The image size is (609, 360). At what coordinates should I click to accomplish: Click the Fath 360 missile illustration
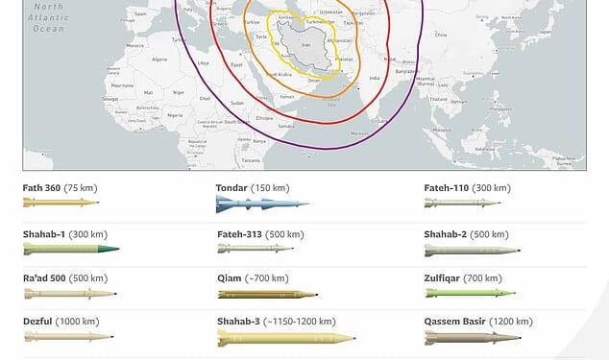60,203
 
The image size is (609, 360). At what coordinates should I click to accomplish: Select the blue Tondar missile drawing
262,204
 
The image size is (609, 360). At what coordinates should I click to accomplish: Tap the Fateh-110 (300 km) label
467,188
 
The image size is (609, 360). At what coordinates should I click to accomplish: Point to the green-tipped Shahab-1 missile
71,249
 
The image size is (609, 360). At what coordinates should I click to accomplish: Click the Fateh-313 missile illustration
256,248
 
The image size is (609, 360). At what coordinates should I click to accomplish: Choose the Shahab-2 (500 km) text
467,233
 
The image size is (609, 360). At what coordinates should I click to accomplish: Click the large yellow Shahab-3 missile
285,338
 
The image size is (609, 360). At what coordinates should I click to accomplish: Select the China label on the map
441,35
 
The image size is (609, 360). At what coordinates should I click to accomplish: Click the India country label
376,78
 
